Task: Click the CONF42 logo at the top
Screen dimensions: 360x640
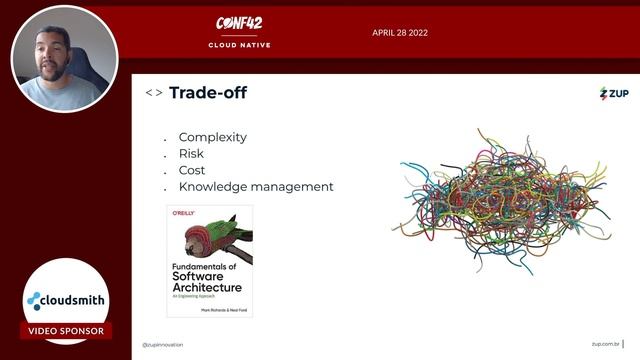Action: click(x=239, y=24)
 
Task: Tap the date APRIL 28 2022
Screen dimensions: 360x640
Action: click(x=400, y=32)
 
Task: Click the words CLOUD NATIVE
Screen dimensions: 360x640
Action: click(x=239, y=45)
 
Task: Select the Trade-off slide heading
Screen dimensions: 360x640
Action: click(x=207, y=93)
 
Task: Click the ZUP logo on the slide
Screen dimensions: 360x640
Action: click(x=613, y=93)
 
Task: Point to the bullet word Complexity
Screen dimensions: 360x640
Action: click(x=212, y=137)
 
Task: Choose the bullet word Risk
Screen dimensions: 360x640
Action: click(x=191, y=154)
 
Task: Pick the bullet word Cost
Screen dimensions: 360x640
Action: click(x=192, y=170)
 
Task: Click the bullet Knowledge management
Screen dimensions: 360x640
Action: click(x=255, y=186)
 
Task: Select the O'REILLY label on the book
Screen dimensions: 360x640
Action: click(x=182, y=214)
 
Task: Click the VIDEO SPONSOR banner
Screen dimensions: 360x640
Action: click(x=66, y=331)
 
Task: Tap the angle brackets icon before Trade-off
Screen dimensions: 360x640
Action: click(x=154, y=93)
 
